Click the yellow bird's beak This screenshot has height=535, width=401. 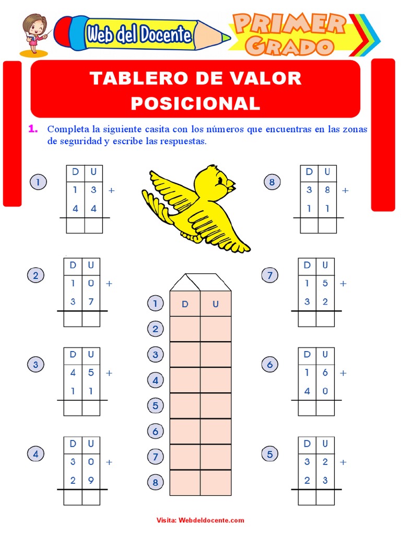[231, 184]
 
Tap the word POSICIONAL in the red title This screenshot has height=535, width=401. [195, 103]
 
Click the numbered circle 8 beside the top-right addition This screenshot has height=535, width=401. [272, 182]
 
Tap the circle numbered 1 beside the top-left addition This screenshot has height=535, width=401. [38, 182]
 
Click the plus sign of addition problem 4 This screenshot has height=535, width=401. [109, 462]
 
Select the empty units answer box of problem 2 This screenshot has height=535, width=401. [91, 319]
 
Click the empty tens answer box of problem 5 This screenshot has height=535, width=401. [307, 497]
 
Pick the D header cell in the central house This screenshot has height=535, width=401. [185, 304]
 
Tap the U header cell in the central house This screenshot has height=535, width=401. [216, 304]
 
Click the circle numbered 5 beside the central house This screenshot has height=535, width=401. [155, 405]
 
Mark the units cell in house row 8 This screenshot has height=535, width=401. [216, 482]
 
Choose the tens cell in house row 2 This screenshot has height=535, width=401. [185, 329]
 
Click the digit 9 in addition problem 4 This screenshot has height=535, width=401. [91, 481]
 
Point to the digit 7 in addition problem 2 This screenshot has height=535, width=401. [91, 301]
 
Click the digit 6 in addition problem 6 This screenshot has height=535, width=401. [325, 373]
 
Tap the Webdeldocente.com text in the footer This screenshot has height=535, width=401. [211, 520]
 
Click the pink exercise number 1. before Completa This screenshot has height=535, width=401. [33, 129]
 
